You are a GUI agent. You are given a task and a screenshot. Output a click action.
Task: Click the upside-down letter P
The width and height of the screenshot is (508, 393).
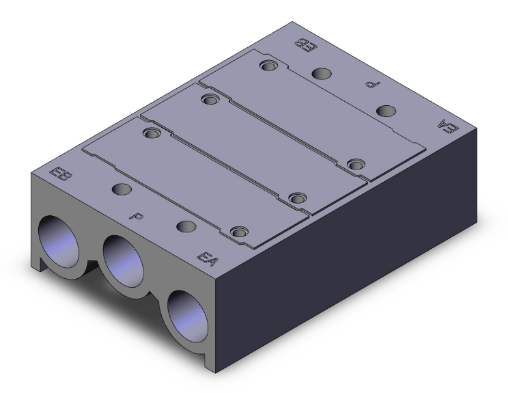[x=371, y=85]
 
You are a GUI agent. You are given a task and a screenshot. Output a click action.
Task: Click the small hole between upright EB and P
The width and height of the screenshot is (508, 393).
[x=122, y=189]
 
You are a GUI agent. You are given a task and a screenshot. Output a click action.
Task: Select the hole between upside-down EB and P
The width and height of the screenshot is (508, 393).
[x=319, y=72]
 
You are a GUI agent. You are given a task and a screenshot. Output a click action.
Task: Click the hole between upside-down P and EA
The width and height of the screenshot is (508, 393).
[x=386, y=111]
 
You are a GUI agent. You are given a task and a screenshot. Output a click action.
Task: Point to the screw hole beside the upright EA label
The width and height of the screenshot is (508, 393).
[x=238, y=232]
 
